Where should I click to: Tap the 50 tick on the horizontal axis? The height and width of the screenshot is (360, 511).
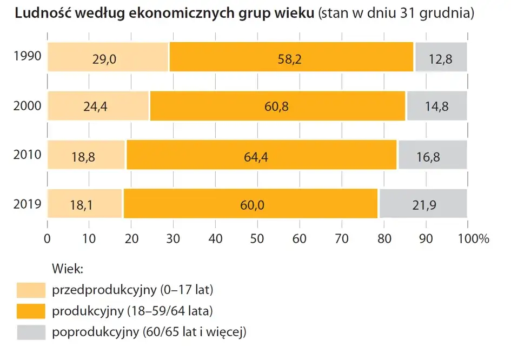click(257, 238)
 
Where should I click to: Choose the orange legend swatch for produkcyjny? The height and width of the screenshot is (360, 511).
click(31, 311)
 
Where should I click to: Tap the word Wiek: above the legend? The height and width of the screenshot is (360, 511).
click(67, 268)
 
